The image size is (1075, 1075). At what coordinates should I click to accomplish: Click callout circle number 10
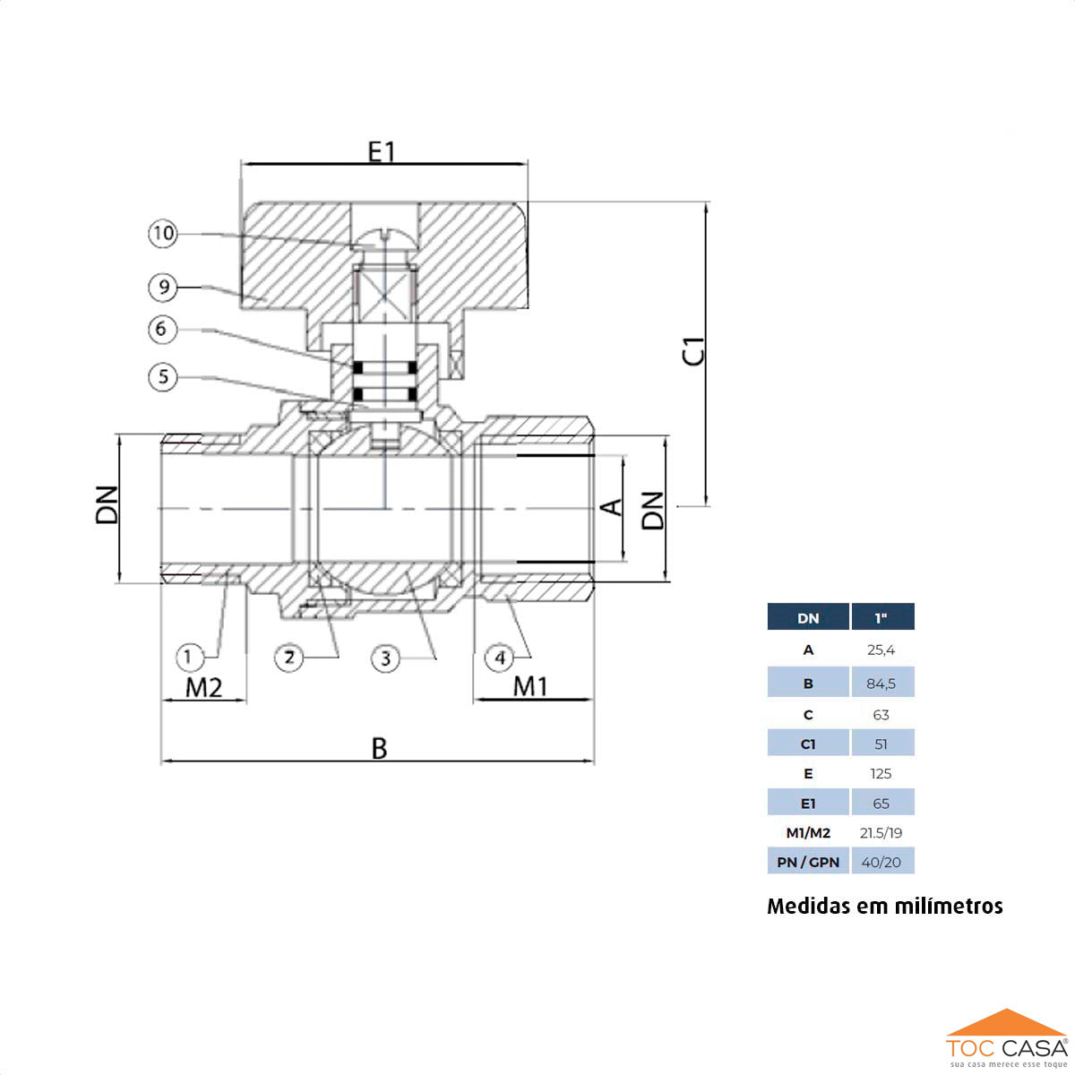click(163, 234)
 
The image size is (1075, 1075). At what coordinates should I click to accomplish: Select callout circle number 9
click(163, 288)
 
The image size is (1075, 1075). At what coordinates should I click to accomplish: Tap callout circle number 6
click(162, 330)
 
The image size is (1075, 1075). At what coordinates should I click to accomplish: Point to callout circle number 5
click(163, 376)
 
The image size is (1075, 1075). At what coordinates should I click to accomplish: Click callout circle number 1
click(188, 658)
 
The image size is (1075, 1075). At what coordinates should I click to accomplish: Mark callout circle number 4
click(500, 658)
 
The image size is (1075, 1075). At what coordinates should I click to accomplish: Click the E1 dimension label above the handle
click(382, 151)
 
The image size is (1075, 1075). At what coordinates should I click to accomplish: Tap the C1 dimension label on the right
click(694, 351)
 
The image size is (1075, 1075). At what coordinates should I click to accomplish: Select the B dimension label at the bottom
click(379, 748)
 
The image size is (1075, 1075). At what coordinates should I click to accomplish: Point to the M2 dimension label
click(203, 687)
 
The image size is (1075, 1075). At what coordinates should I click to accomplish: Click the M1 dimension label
click(530, 686)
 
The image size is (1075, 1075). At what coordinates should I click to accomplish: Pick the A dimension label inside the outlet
click(611, 508)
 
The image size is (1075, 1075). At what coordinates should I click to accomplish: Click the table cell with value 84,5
click(881, 684)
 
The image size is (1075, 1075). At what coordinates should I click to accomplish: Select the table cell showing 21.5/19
click(881, 833)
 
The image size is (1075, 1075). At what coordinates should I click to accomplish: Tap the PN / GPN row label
click(808, 862)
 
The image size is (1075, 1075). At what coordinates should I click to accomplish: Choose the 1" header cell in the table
click(881, 618)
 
